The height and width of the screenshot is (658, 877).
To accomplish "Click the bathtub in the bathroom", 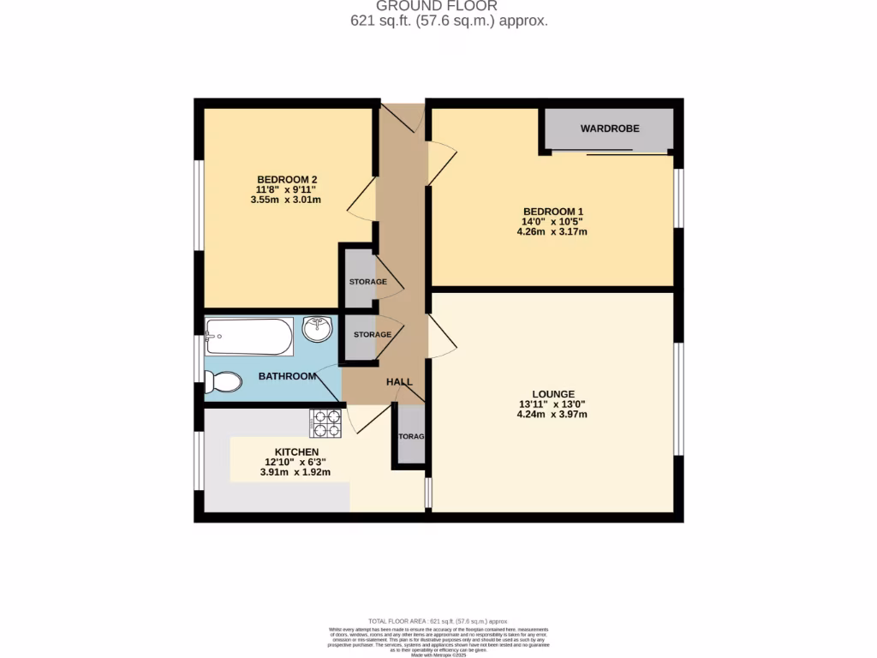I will tap(248, 338).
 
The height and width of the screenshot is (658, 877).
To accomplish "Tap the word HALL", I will tap(399, 382).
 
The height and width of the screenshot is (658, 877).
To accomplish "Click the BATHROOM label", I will tap(287, 376).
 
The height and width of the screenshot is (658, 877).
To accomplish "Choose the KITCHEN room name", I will tap(296, 452).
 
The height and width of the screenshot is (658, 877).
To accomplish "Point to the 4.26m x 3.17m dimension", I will tap(552, 231).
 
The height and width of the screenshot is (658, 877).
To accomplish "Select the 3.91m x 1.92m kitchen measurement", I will tap(295, 472).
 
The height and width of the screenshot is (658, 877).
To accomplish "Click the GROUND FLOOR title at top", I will tap(449, 6).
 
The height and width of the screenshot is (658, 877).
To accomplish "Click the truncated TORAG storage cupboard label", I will tap(412, 436).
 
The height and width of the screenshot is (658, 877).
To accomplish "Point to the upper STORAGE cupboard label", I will tap(367, 282).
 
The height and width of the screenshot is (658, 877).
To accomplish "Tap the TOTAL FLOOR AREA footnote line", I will tap(438, 621).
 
